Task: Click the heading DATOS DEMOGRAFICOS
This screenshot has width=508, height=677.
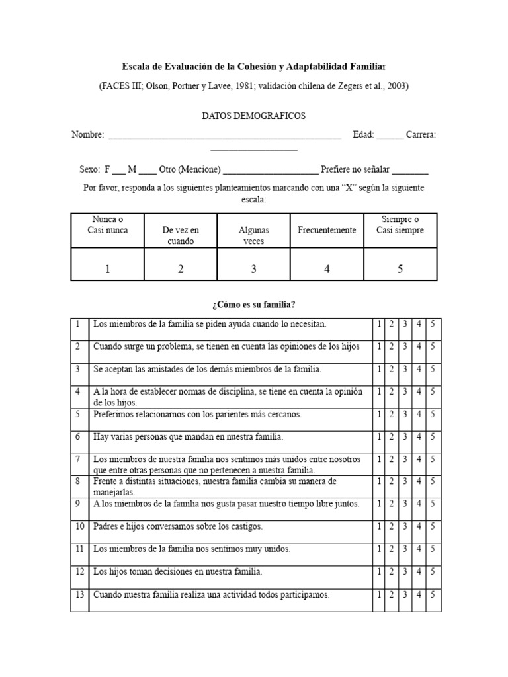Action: click(x=253, y=116)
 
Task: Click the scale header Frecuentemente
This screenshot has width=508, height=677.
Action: click(x=327, y=230)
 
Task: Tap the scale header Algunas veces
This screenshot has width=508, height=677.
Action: click(x=253, y=235)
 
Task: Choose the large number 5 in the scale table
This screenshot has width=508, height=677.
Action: click(x=400, y=269)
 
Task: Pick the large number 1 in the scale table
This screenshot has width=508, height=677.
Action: click(x=107, y=269)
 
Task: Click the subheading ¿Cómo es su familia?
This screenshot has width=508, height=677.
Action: click(x=253, y=304)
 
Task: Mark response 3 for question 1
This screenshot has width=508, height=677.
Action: click(x=405, y=325)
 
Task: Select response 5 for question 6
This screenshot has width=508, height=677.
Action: click(x=433, y=437)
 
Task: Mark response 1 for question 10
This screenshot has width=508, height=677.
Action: click(x=379, y=527)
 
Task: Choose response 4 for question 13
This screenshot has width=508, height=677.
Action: click(x=419, y=595)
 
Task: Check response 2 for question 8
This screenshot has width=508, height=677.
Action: click(x=392, y=482)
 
